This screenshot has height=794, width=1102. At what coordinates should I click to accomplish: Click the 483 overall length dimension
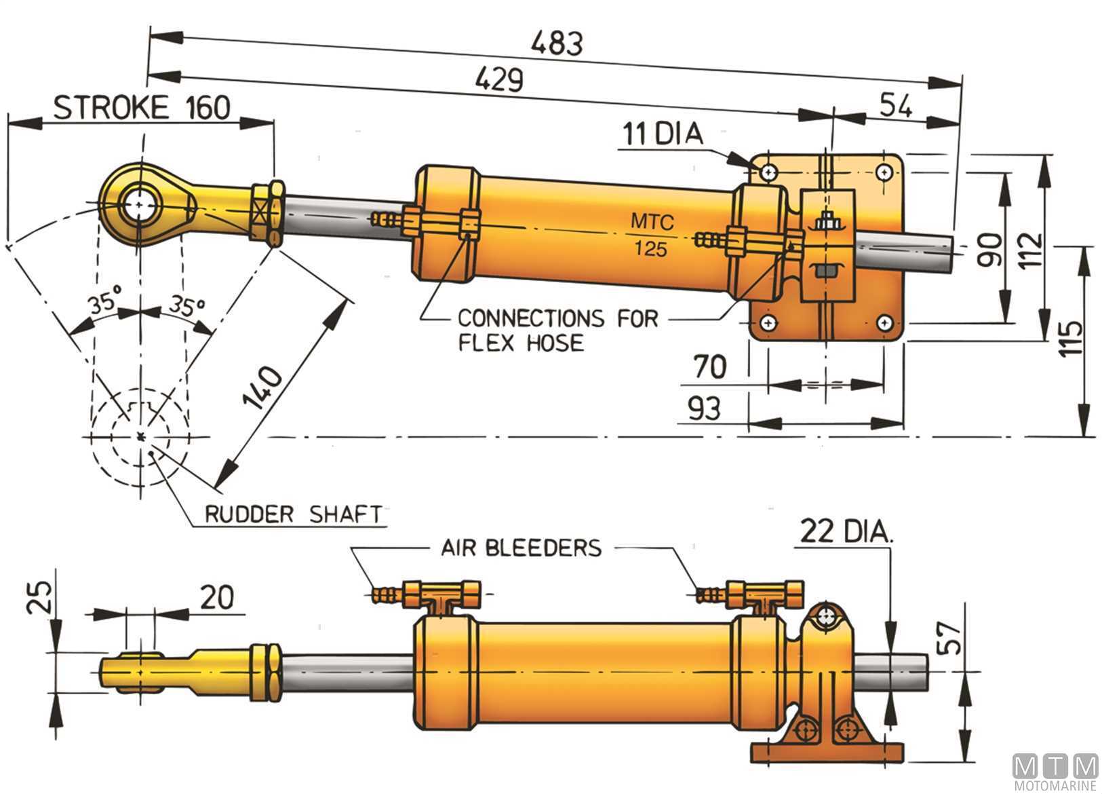coord(556,44)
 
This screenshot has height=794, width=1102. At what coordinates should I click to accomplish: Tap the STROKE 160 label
coord(142,108)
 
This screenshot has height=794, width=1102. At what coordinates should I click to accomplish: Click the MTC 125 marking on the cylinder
coord(650,235)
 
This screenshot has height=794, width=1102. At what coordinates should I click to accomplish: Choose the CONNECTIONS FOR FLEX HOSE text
coord(557,330)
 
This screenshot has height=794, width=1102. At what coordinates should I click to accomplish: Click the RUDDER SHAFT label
coord(294,514)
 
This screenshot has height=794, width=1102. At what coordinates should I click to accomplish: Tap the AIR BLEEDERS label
coord(522,548)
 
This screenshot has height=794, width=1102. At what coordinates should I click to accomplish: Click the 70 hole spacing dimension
coord(709,367)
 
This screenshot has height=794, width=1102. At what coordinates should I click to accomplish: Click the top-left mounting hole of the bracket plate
coord(768,172)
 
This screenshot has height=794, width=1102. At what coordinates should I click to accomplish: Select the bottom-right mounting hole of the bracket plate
coord(884,322)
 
